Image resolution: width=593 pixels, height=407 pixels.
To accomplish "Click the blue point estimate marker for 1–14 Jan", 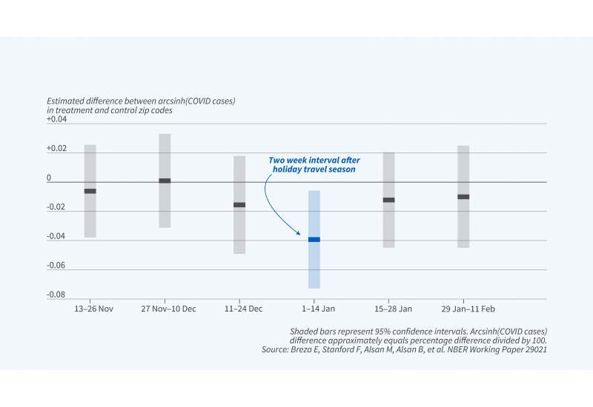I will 314,239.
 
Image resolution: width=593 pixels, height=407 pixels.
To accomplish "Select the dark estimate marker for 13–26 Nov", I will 90,191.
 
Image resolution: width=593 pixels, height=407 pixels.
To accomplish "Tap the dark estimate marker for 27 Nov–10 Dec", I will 165,181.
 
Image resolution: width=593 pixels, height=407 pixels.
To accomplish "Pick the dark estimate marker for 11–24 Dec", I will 239,204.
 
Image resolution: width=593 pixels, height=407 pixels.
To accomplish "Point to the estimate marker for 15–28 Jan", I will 388,200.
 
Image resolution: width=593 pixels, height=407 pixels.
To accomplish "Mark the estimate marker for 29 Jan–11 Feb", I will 463,197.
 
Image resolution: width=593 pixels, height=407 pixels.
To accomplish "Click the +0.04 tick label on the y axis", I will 56,119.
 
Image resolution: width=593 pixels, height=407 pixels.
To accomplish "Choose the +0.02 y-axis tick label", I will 56,149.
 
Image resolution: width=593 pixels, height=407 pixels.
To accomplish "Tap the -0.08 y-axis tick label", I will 56,295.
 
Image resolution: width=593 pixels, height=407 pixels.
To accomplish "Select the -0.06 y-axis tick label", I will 56,266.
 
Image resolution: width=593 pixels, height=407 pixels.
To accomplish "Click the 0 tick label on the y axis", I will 49,178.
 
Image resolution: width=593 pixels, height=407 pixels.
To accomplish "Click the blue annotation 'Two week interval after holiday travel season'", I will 314,164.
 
